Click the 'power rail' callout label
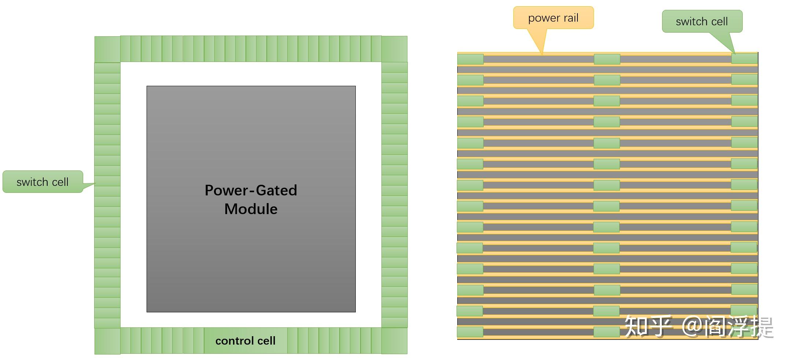(x=553, y=18)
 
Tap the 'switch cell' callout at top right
(x=702, y=22)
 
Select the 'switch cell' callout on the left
(x=43, y=182)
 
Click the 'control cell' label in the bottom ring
(x=245, y=341)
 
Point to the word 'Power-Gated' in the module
(x=251, y=190)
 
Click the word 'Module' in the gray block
(x=251, y=209)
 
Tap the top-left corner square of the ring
(x=107, y=49)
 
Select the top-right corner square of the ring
(x=394, y=49)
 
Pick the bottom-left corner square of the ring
(x=107, y=341)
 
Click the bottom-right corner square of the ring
(x=394, y=341)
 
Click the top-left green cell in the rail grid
(x=470, y=59)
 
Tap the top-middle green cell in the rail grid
(x=607, y=59)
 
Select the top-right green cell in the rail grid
(x=744, y=58)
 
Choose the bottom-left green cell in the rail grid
(x=470, y=332)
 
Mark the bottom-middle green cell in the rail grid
(x=606, y=332)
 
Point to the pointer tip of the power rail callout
(x=542, y=54)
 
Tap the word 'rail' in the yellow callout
(x=569, y=18)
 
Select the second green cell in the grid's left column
(x=470, y=80)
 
